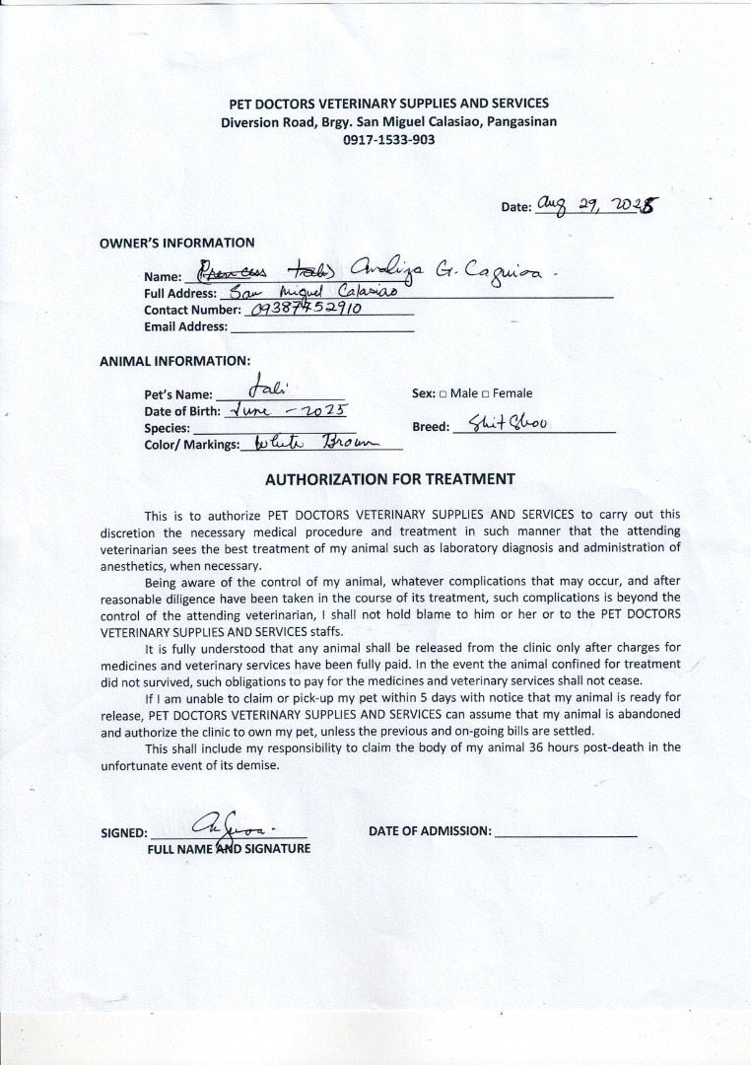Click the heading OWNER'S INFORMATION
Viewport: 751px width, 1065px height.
pyautogui.click(x=177, y=243)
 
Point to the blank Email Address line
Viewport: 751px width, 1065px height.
pyautogui.click(x=321, y=327)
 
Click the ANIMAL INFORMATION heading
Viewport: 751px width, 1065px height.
pyautogui.click(x=174, y=361)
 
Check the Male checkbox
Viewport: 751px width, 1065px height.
pyautogui.click(x=444, y=394)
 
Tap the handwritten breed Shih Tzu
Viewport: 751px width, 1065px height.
pyautogui.click(x=510, y=424)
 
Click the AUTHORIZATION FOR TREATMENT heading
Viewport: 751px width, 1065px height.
pyautogui.click(x=390, y=479)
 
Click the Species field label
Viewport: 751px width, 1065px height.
pyautogui.click(x=168, y=429)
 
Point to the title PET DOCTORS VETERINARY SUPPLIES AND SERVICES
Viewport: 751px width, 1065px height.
pyautogui.click(x=388, y=103)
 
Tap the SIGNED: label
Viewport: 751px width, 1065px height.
pyautogui.click(x=124, y=833)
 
